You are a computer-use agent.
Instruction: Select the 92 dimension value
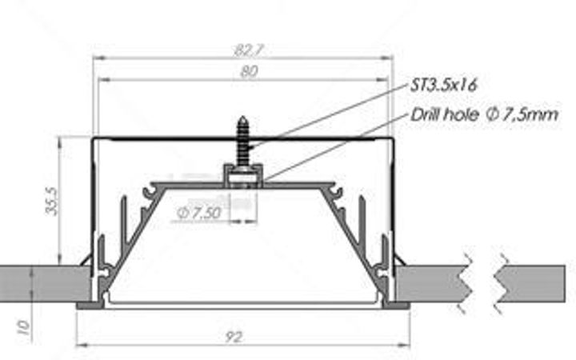tap(233, 338)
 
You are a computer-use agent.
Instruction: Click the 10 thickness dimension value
tap(24, 326)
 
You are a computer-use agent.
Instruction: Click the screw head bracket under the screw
tap(242, 173)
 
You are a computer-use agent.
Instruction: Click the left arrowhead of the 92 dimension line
tap(79, 346)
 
